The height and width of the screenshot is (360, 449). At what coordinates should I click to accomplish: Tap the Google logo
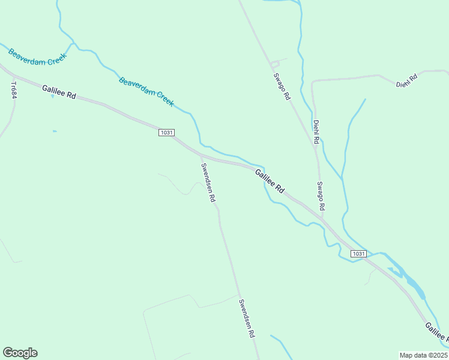[x=20, y=353]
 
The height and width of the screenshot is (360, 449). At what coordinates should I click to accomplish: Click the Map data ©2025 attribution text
[x=423, y=355]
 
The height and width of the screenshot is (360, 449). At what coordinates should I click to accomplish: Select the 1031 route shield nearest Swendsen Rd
[x=166, y=132]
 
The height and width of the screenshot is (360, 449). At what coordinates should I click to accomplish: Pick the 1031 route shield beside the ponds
[x=358, y=254]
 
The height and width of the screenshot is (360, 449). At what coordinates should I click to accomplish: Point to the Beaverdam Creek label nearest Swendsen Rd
[x=146, y=91]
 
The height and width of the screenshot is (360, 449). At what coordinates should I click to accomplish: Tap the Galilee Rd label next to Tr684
[x=59, y=92]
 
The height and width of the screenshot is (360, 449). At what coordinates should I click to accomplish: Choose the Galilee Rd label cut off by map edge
[x=436, y=332]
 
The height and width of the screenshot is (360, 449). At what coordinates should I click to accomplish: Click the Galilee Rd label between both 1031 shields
[x=270, y=181]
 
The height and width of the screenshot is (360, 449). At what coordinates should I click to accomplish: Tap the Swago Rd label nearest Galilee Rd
[x=321, y=196]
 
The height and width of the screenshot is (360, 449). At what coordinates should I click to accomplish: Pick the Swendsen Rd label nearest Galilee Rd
[x=208, y=183]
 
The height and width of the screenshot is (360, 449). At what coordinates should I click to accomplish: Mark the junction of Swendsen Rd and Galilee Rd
[x=200, y=155]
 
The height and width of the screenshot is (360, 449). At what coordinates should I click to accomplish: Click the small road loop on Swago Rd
[x=274, y=64]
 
